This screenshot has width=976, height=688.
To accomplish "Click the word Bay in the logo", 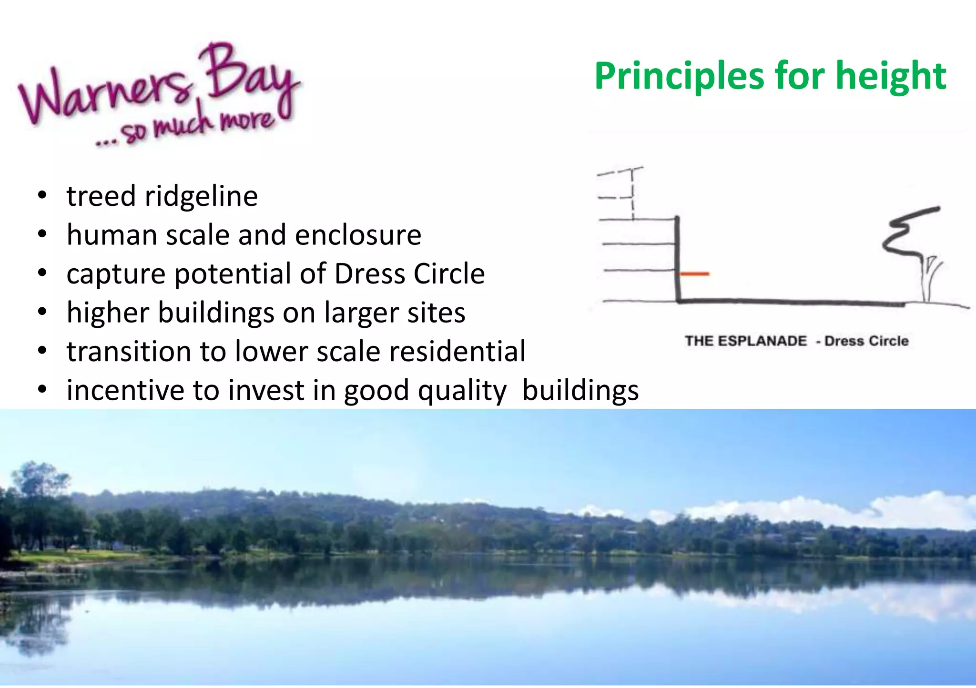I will [248, 76].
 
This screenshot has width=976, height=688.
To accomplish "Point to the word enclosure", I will [357, 235].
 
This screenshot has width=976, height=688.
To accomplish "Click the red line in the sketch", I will [694, 274].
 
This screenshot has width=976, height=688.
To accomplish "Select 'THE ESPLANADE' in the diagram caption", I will [746, 341].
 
